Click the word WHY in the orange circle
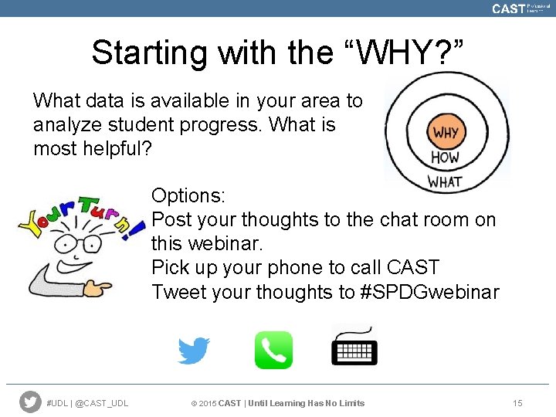point(445,132)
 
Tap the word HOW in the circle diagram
point(445,158)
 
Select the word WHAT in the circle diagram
point(445,182)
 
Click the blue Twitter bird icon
point(194,351)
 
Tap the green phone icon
point(273,350)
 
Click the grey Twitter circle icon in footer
point(30,402)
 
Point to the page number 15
point(517,403)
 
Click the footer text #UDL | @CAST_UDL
point(87,403)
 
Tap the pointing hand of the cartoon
point(97,288)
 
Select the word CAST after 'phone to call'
point(412,268)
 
